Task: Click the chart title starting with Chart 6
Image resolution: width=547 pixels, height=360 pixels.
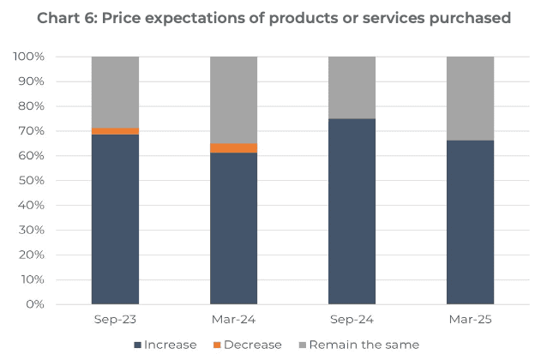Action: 273,18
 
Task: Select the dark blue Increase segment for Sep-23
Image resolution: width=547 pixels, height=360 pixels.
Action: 115,219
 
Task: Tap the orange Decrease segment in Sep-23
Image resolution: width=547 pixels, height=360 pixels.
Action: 115,131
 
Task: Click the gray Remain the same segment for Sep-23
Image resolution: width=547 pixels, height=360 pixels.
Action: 115,92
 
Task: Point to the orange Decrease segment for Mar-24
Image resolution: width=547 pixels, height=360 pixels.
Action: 234,148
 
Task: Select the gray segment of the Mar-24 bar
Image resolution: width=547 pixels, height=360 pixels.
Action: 234,99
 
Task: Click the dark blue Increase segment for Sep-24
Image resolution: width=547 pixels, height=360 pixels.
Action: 352,211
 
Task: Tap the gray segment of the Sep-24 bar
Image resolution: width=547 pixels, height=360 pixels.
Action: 352,87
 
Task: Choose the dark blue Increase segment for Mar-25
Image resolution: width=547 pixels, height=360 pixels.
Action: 471,222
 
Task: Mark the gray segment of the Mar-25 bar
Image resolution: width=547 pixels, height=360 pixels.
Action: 471,99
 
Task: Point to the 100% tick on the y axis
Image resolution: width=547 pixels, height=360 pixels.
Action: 32,57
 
